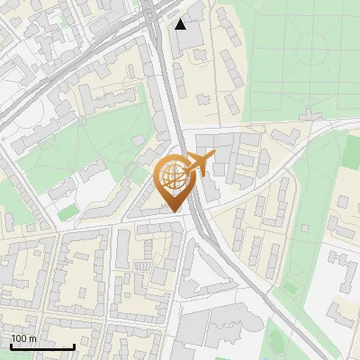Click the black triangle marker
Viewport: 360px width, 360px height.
tap(181, 23)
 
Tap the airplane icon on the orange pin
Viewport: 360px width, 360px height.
tap(200, 165)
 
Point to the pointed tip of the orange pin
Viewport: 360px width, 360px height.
tap(174, 211)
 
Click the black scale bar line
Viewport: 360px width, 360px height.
tap(42, 346)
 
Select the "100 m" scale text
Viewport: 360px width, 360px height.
tap(23, 338)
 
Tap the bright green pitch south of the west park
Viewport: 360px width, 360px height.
tap(68, 211)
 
